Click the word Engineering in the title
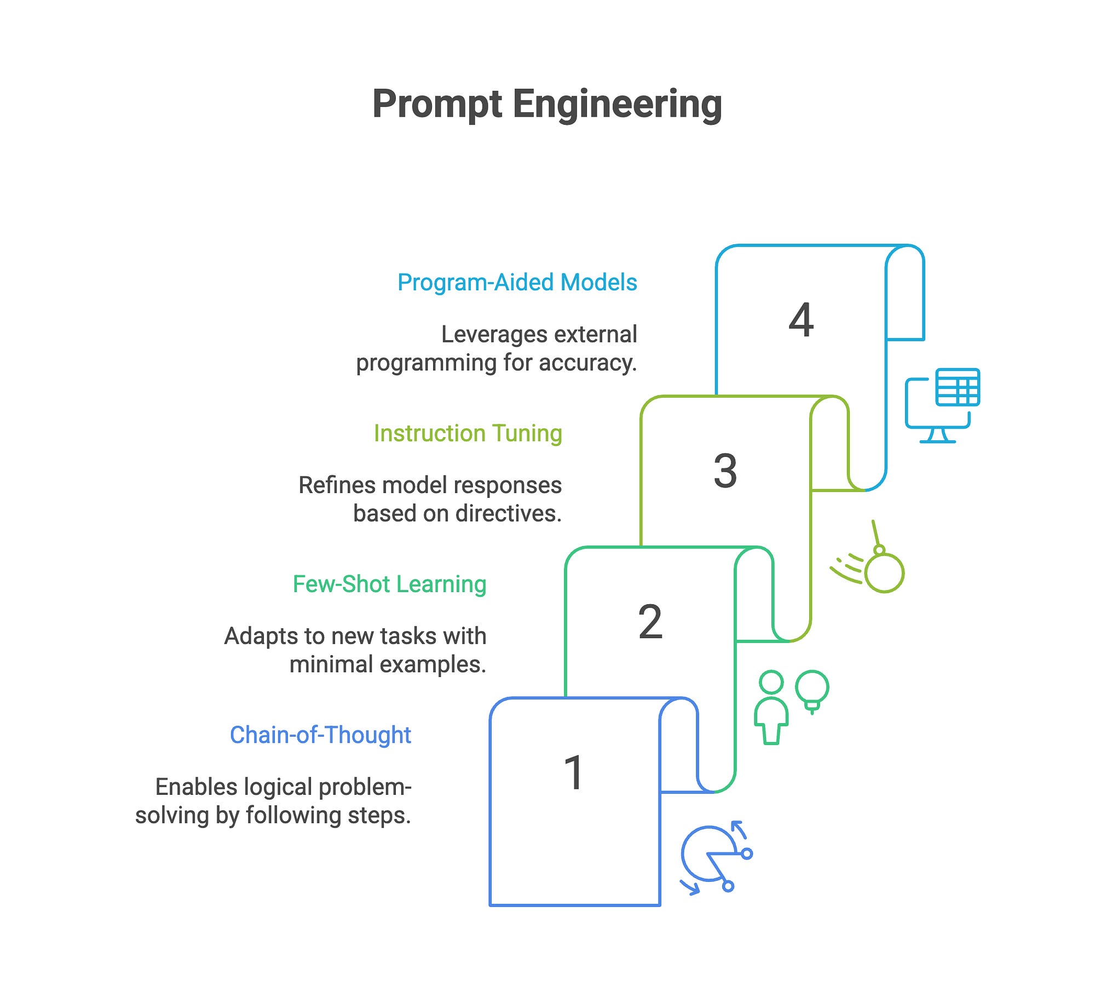617,104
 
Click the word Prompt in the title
437,104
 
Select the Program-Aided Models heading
517,283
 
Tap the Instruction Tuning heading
468,433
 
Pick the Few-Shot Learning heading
389,584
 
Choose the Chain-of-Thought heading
320,735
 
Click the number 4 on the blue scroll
801,320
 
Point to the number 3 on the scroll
725,471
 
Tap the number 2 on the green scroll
650,622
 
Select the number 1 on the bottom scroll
574,772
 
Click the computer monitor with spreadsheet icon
942,405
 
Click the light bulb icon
812,690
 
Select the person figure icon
771,707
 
